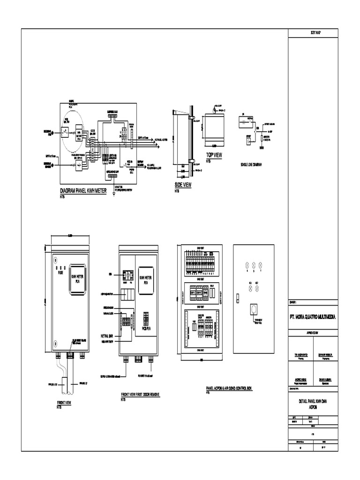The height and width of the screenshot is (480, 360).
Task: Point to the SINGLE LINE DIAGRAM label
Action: [x=251, y=164]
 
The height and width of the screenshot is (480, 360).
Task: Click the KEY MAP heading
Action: [x=311, y=32]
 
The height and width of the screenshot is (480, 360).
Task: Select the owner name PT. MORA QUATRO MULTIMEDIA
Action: [x=312, y=317]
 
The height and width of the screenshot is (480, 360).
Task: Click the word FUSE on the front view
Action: [x=60, y=271]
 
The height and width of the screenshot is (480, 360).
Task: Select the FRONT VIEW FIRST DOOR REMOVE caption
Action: [x=140, y=395]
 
